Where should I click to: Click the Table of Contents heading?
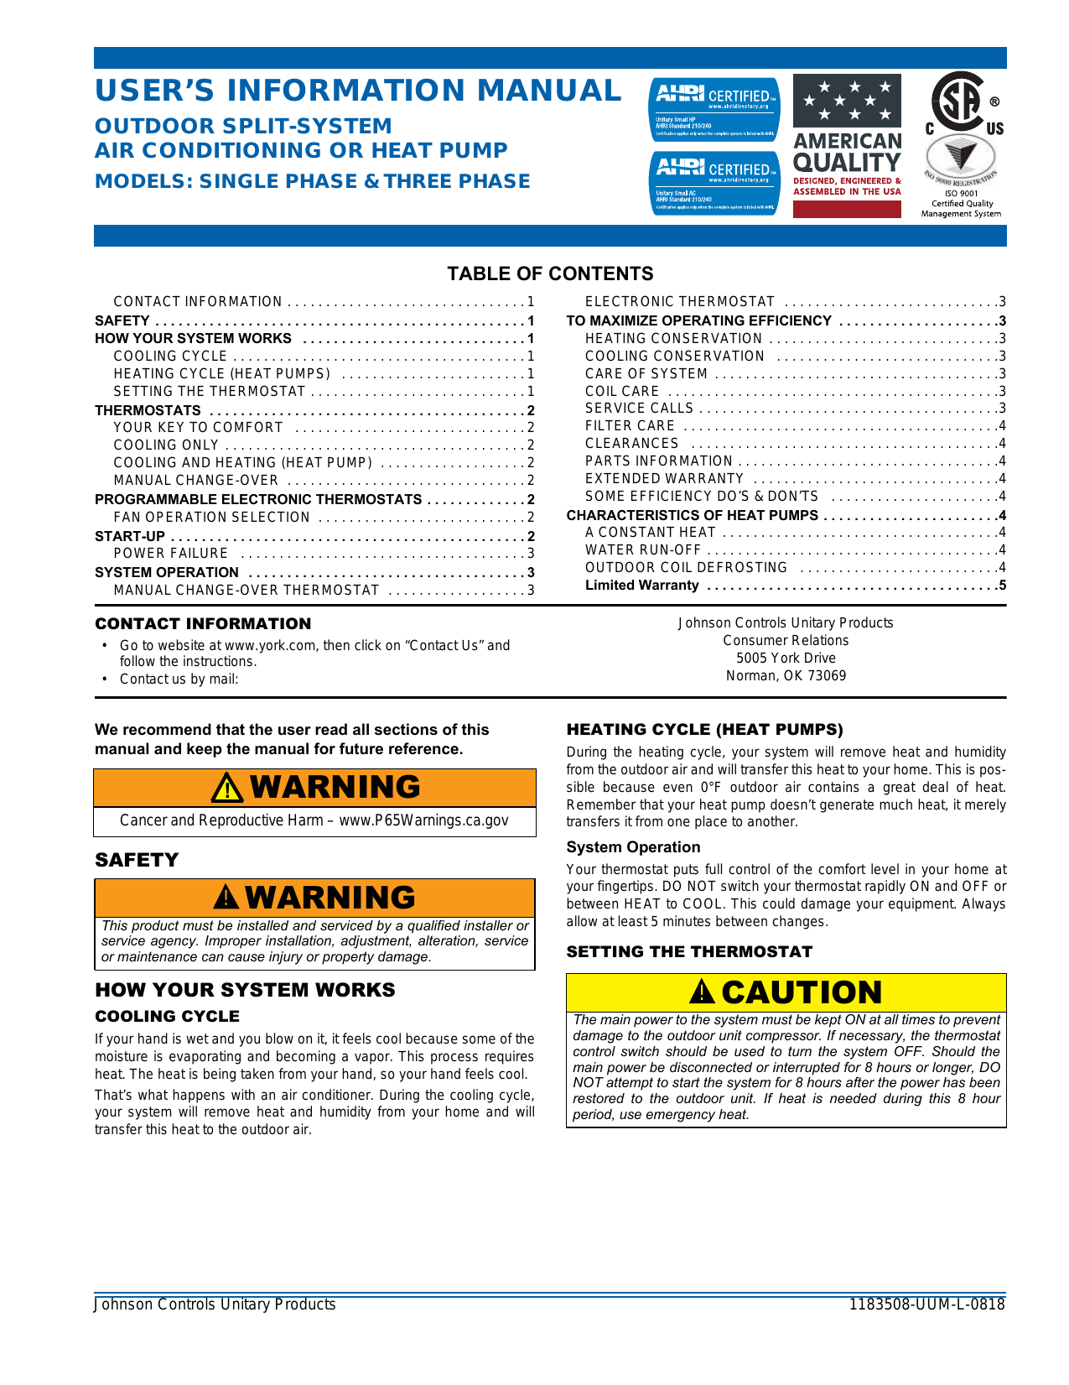click(x=550, y=273)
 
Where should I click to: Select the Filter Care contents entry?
click(x=630, y=426)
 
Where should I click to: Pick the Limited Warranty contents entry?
click(x=641, y=586)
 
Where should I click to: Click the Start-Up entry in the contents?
click(x=130, y=536)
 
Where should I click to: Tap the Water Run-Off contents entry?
click(x=642, y=550)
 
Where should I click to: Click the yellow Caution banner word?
click(x=801, y=993)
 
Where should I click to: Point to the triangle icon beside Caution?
click(x=702, y=993)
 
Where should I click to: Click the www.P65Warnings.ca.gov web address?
click(x=423, y=820)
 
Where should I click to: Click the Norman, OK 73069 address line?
click(x=786, y=676)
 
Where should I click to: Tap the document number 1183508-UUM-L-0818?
click(x=926, y=1304)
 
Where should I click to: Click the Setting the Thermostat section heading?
click(x=689, y=952)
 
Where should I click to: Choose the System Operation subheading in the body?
click(x=633, y=847)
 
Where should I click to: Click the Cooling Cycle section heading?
click(x=167, y=1017)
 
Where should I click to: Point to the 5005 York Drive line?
click(x=786, y=659)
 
